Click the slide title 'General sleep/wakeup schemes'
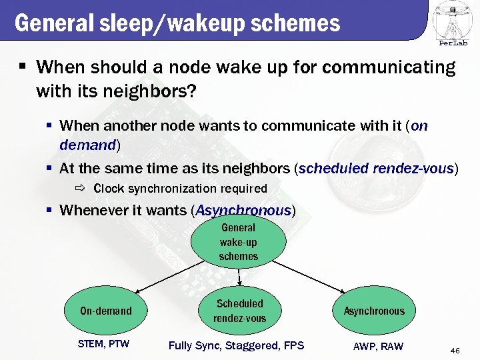click(177, 23)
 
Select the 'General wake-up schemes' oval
click(238, 242)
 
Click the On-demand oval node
click(106, 311)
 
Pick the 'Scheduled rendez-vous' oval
click(239, 311)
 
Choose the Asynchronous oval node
click(373, 311)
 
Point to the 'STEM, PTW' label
click(103, 344)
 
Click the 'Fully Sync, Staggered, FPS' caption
click(236, 345)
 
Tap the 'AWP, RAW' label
click(378, 345)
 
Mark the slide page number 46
click(456, 351)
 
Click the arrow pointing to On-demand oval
click(167, 277)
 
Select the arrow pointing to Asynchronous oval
click(310, 276)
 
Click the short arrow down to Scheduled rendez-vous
click(239, 276)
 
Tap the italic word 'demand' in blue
click(87, 144)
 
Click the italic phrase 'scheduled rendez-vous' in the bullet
click(376, 168)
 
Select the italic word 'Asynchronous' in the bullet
click(243, 210)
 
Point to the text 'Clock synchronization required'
click(180, 189)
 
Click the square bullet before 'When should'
click(22, 67)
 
